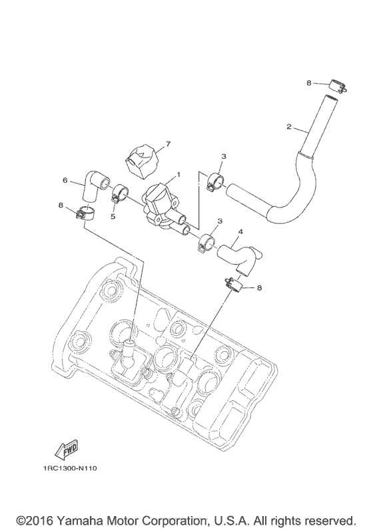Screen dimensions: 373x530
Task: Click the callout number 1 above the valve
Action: click(179, 175)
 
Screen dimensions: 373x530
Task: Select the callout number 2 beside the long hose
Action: click(288, 127)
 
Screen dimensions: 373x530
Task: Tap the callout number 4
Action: click(240, 232)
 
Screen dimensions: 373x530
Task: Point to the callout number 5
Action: click(113, 216)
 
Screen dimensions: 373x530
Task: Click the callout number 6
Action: click(65, 180)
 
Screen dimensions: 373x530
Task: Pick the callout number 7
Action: click(168, 144)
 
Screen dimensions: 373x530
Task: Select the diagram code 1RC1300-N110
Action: click(70, 468)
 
